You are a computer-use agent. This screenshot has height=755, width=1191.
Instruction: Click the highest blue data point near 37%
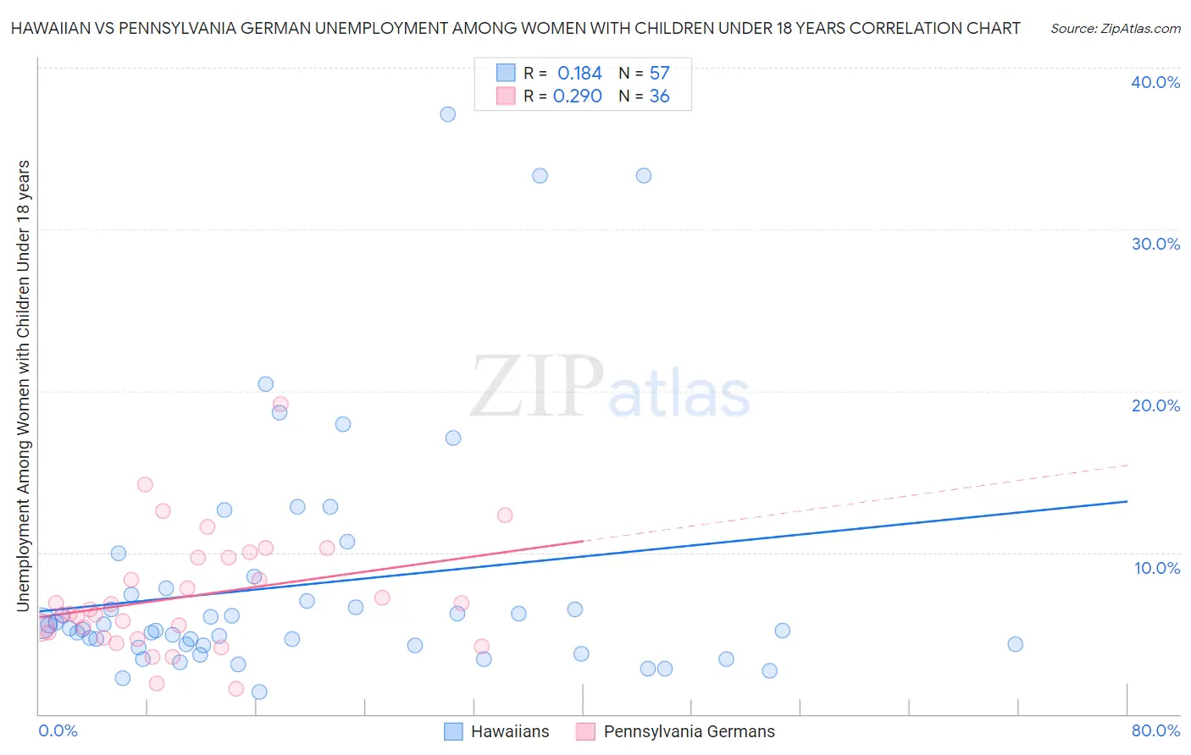tap(448, 114)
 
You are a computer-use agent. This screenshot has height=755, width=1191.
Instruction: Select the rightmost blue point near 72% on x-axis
tap(1015, 644)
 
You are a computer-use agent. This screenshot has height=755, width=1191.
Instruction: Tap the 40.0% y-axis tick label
tap(1155, 82)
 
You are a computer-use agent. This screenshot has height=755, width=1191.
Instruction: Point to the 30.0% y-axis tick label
tap(1155, 244)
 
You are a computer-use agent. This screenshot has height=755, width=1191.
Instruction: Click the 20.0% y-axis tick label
tap(1155, 405)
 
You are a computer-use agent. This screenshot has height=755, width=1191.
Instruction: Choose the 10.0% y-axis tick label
tap(1157, 568)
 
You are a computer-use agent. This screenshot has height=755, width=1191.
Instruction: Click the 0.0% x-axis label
tap(58, 730)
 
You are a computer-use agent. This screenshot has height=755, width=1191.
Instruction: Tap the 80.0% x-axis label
tap(1155, 730)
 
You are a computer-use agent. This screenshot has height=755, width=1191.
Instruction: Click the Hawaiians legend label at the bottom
tap(510, 731)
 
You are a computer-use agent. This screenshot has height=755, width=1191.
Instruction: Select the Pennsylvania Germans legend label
tap(689, 731)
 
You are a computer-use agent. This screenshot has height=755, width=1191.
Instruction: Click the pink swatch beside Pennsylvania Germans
tap(585, 731)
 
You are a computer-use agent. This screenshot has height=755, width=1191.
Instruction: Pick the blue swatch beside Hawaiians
tap(454, 731)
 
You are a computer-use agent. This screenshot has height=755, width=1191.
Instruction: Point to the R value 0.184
tap(579, 74)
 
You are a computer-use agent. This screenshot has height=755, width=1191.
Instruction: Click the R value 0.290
tap(578, 96)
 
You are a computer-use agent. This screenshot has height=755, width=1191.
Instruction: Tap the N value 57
tap(659, 74)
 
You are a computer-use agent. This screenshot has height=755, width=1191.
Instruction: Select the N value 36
tap(659, 96)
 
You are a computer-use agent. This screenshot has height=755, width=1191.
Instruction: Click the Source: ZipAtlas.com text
tap(1115, 29)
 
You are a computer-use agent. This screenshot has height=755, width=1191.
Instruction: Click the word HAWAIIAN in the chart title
tap(49, 28)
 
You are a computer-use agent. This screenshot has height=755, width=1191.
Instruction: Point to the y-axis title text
tap(24, 385)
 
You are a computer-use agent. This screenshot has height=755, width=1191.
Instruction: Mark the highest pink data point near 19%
tap(280, 404)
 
